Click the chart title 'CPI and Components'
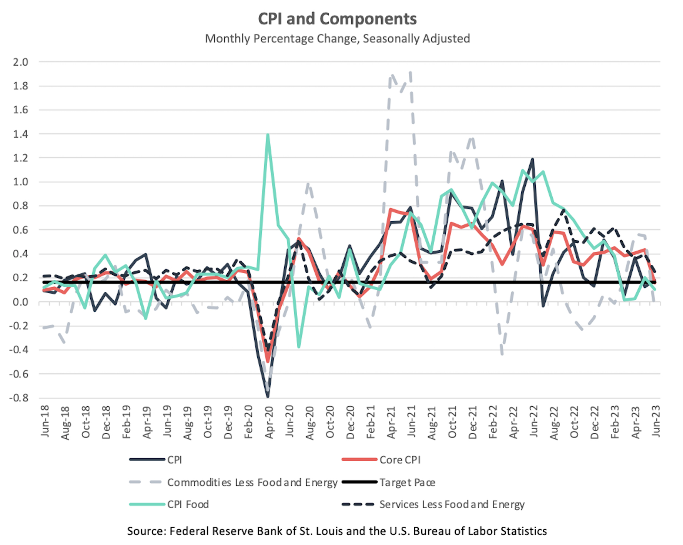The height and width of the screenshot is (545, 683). pos(337,19)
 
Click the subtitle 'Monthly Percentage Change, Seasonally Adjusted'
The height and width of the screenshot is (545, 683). pos(337,39)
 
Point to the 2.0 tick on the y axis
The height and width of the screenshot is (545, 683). pos(20,62)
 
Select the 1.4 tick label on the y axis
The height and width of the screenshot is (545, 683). pos(20,134)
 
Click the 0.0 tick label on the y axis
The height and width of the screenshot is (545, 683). pos(20,302)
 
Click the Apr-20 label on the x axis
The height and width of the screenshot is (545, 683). pos(269,422)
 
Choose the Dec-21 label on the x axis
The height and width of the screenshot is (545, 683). pos(473,422)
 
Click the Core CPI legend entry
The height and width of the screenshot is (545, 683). pos(400,460)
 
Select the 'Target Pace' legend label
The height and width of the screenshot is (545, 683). pos(407,482)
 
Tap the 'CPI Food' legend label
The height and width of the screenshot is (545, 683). pos(188,504)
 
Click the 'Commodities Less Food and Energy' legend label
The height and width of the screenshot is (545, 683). pos(252,482)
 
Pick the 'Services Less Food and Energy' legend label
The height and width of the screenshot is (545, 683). pos(452,504)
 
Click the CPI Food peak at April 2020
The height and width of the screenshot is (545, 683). pos(268,135)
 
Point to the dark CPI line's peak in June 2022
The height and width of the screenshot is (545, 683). pos(532,159)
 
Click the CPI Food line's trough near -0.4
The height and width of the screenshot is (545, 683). pos(299,346)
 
